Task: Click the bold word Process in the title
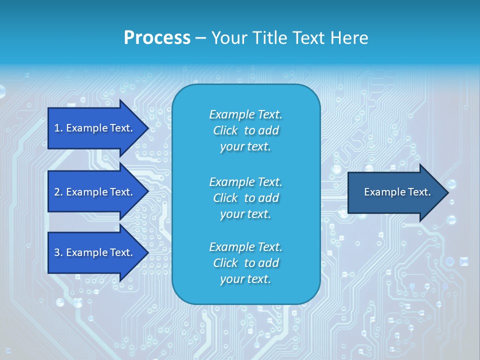click(157, 38)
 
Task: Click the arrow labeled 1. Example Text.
click(95, 128)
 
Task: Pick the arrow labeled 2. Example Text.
click(95, 192)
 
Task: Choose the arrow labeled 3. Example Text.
click(95, 252)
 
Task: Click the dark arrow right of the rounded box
click(395, 192)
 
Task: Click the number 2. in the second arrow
click(58, 192)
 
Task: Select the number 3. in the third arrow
click(58, 252)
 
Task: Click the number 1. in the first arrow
click(58, 128)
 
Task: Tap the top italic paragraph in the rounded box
click(245, 130)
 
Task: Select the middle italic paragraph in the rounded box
click(245, 198)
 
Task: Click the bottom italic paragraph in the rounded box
click(245, 263)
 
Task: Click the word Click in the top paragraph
click(225, 130)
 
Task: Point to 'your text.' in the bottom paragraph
click(245, 279)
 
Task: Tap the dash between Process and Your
click(200, 38)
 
